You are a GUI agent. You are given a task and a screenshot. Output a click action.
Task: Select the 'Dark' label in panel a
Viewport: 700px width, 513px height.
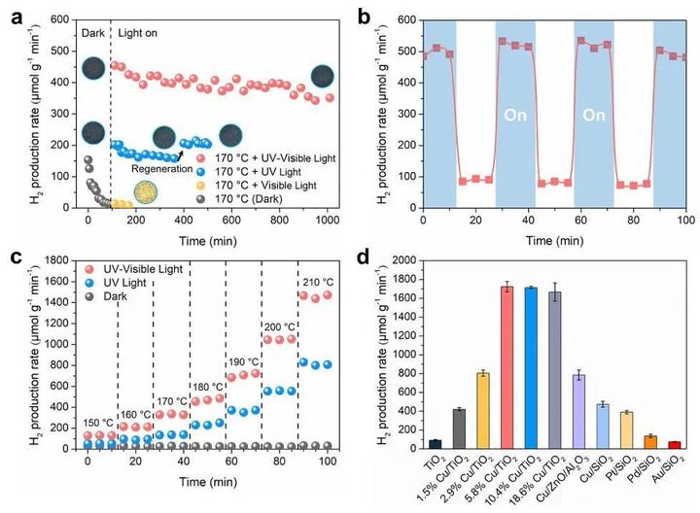(x=91, y=31)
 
